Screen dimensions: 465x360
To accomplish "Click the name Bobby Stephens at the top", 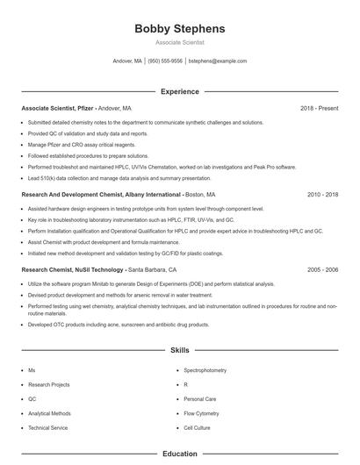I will tap(179, 29).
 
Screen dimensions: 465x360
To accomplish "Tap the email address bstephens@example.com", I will tap(218, 61).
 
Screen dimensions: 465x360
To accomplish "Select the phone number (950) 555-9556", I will tap(165, 61).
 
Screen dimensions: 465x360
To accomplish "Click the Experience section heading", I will tap(179, 91).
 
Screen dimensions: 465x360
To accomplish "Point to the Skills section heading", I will tap(179, 350).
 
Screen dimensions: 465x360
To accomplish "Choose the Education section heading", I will tap(179, 454).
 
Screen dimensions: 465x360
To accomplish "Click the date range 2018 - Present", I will tap(319, 108).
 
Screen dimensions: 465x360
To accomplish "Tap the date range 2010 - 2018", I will tap(322, 194).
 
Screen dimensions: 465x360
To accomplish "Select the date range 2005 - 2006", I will tap(322, 270).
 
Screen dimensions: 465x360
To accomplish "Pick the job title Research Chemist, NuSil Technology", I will tap(73, 270).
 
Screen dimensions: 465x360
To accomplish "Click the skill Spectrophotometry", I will tap(205, 370).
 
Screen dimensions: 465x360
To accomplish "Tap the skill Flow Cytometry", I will tap(200, 412).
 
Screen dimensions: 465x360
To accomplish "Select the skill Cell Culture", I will tap(197, 427).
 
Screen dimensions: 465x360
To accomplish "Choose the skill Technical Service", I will tap(47, 427).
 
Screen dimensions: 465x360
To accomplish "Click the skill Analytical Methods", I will tap(49, 412).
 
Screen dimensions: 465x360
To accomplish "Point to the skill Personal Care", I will tap(199, 398).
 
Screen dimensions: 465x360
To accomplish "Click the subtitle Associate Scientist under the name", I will tap(179, 43).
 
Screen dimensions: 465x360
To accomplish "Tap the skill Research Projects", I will tap(48, 384).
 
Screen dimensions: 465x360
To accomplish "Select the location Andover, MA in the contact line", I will tap(127, 61).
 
